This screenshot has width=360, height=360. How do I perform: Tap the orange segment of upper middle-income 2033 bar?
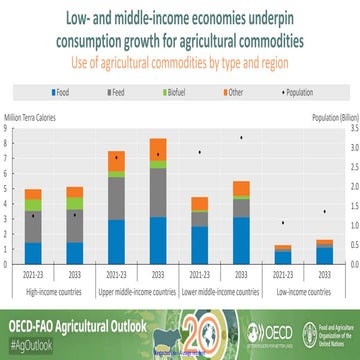click(158, 148)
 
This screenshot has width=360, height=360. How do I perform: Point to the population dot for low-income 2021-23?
click(283, 223)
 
